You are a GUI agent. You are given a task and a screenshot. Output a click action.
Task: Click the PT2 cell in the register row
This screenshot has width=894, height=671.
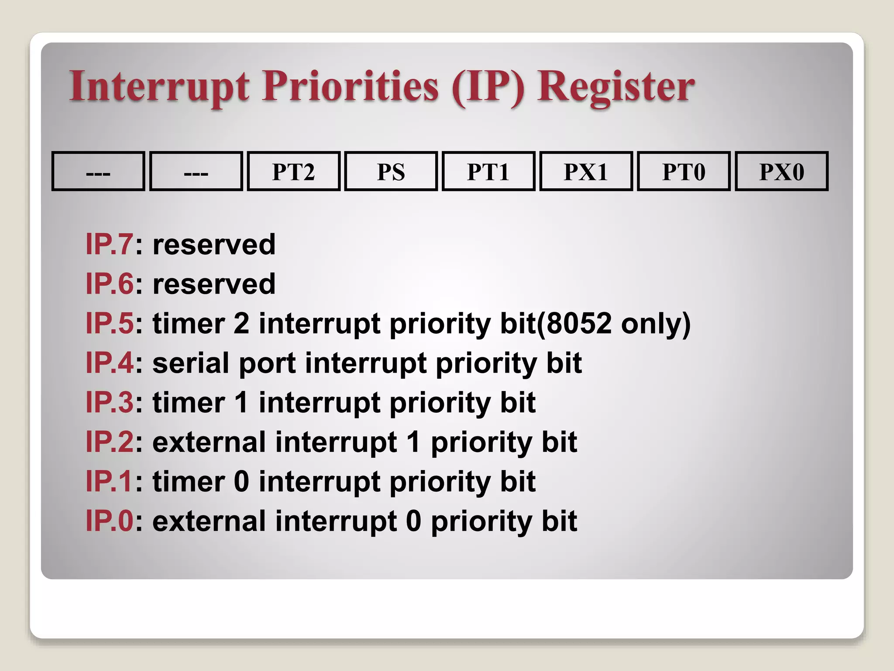pos(293,172)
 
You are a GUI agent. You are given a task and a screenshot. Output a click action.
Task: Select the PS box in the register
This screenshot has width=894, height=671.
pos(391,172)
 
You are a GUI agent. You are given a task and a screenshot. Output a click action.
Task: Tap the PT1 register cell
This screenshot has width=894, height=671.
pos(488,172)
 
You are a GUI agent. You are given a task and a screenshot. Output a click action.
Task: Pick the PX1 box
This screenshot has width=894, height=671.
pos(586,172)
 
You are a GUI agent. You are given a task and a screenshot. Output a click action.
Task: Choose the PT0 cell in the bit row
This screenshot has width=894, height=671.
pos(684,172)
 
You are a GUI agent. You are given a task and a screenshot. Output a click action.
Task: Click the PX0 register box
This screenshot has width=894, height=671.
pos(781,172)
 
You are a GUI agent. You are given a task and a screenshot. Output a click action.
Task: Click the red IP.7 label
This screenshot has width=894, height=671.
pos(109,244)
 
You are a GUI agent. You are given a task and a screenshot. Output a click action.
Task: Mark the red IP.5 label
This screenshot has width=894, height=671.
pos(109,324)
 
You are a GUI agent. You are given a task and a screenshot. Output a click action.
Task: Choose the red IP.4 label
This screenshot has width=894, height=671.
pos(109,363)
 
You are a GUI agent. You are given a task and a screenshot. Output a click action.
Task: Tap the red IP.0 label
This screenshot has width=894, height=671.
pos(109,521)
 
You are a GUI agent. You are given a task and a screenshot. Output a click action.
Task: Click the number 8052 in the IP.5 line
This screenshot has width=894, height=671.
pos(579,324)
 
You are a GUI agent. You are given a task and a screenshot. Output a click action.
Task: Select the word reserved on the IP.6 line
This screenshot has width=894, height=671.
pos(214,284)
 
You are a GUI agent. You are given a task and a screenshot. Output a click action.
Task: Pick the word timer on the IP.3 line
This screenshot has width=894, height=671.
pos(189,403)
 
